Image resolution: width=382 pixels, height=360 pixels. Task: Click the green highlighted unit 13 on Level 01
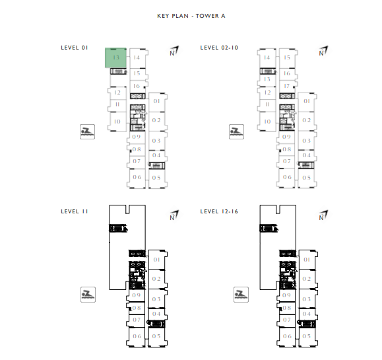pos(115,58)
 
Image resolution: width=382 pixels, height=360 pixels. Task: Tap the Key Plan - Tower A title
pos(191,16)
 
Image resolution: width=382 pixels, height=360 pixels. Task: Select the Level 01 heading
pos(75,48)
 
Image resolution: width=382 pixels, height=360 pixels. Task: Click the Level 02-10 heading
pos(219,48)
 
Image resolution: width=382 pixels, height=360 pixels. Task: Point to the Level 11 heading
pos(75,211)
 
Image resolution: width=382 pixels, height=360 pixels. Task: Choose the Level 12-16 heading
pos(219,211)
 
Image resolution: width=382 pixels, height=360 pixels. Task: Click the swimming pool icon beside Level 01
pos(88,132)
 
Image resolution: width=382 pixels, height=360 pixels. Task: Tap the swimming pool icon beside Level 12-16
pos(241,295)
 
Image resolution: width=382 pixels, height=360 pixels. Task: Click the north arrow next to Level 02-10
pos(323,51)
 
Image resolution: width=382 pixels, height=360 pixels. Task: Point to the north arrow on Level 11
pos(174,215)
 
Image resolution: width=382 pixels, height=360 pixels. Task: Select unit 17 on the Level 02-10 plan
pos(287,86)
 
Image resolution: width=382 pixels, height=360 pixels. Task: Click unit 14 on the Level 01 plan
pos(137,58)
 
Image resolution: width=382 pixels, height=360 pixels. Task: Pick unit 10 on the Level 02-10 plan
pos(267,122)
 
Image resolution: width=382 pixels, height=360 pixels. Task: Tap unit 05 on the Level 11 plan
pos(156,336)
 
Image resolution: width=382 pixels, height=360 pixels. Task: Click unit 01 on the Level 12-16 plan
pos(307,260)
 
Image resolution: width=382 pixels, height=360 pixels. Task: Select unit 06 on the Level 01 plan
pos(137,177)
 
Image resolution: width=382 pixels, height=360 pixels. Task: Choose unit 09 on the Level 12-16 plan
pos(287,295)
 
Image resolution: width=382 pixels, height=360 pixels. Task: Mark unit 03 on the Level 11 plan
pos(156,299)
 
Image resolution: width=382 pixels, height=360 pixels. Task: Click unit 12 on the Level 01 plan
pos(117,92)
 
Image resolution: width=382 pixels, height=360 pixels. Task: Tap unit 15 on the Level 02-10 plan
pos(287,58)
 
